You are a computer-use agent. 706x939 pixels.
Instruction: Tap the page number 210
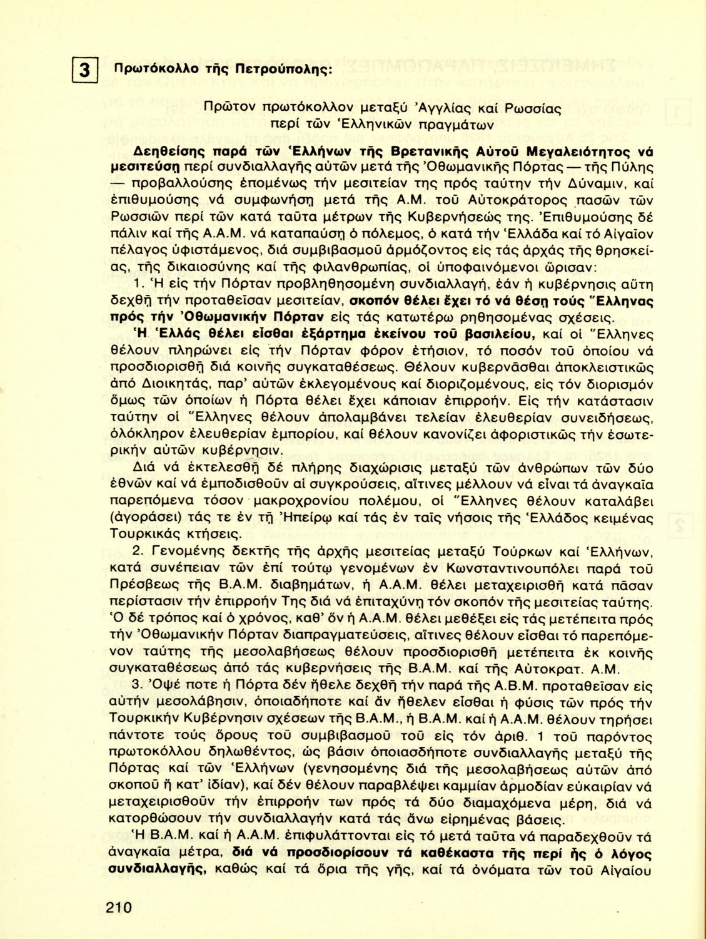[119, 906]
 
